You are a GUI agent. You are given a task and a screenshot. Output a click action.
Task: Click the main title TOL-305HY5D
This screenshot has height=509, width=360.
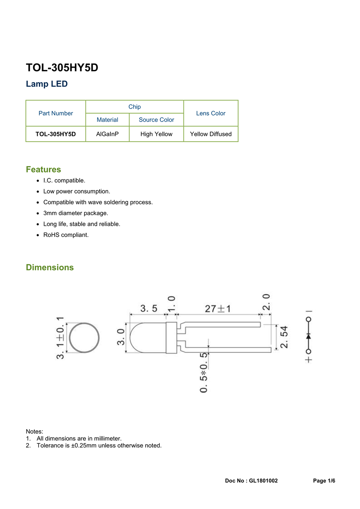62,68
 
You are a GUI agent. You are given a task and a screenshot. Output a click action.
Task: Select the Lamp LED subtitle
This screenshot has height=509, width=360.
47,84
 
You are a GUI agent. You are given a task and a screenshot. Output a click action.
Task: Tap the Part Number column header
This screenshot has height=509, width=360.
56,113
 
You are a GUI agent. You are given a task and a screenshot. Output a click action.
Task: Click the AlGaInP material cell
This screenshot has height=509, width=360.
107,134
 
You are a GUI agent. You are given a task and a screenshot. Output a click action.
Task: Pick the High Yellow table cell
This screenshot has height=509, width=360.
156,134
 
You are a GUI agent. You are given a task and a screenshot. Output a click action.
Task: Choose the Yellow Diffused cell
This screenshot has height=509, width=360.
211,134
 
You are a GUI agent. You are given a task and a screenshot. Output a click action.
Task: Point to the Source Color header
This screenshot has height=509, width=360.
156,120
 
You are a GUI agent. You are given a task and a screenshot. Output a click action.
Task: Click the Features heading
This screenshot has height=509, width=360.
44,170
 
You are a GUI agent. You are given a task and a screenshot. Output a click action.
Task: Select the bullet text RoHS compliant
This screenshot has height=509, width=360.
66,235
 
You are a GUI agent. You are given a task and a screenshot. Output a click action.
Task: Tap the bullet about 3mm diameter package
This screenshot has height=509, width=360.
76,213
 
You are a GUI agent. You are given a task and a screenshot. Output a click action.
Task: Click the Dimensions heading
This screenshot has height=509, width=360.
50,267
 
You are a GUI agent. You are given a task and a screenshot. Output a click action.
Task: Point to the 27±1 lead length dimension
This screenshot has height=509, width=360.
218,309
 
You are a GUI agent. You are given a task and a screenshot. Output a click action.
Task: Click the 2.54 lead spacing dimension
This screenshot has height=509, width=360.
284,337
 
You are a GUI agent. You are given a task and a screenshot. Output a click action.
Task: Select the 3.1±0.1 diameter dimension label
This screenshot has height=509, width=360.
60,338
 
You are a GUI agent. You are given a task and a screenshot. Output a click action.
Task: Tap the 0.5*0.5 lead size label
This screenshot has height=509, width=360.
204,372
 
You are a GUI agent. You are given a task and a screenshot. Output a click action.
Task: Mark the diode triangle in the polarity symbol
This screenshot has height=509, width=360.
308,336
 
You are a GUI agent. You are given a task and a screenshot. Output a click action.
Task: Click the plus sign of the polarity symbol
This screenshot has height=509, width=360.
308,360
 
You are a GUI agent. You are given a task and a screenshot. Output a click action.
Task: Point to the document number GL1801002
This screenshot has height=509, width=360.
263,481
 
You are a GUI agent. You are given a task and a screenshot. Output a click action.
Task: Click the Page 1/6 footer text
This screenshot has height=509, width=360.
324,481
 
